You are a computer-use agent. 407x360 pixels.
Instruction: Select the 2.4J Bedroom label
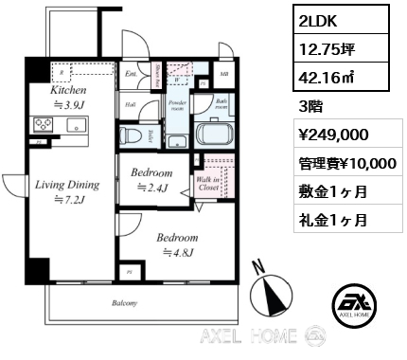coord(151,181)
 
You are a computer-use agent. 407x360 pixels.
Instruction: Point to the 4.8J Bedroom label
coord(178,244)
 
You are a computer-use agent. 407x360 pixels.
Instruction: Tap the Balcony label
coord(124,303)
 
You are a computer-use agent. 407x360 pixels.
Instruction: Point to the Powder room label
coord(177,104)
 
